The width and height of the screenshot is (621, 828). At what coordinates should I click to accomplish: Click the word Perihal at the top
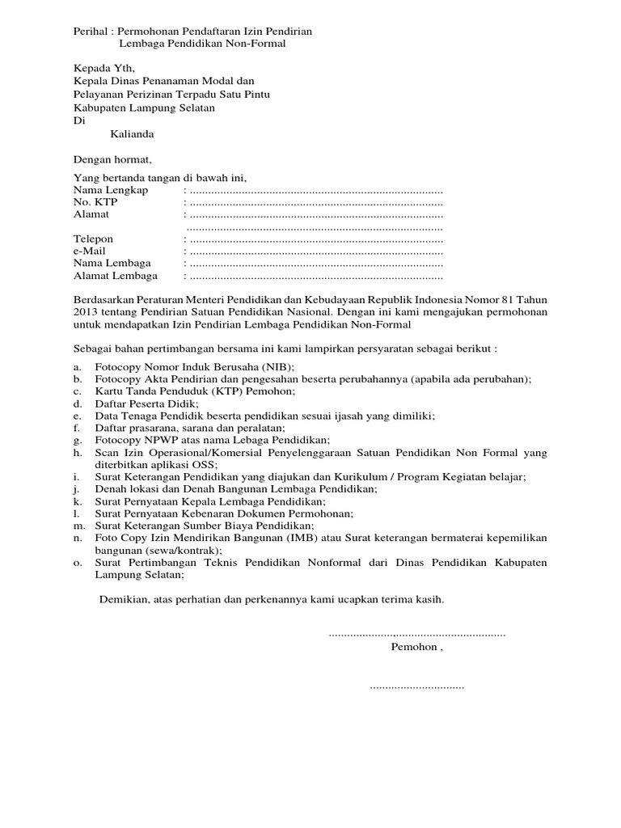tap(89, 31)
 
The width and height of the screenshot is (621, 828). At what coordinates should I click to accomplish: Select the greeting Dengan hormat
tap(112, 159)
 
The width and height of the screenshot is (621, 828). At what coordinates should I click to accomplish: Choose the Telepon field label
tap(94, 239)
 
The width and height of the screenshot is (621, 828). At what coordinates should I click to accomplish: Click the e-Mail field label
tap(90, 251)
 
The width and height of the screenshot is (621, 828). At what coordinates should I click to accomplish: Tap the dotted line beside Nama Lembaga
tap(315, 264)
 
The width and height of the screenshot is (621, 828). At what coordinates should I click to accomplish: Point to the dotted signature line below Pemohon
tap(416, 686)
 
